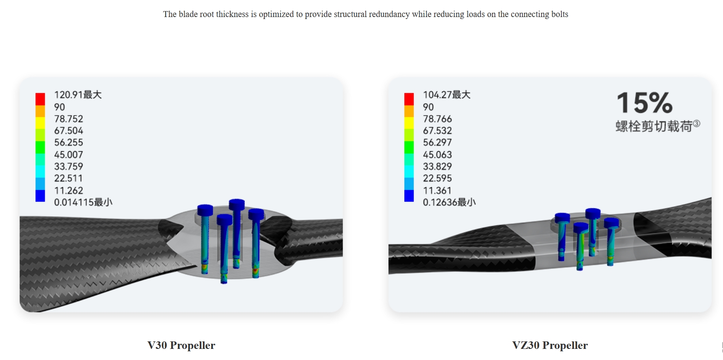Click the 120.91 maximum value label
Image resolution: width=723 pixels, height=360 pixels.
tap(78, 95)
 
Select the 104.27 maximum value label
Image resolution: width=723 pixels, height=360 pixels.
tap(446, 95)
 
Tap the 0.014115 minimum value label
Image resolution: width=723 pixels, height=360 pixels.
tap(83, 202)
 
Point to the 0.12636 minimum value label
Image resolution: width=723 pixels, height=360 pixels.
tap(449, 202)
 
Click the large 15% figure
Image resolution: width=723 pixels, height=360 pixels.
tap(645, 103)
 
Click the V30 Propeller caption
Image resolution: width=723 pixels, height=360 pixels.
tap(181, 345)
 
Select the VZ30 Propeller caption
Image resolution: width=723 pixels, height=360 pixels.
tap(549, 345)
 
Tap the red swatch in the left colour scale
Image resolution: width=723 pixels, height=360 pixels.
tap(40, 99)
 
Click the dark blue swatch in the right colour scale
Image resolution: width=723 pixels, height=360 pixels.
tap(409, 196)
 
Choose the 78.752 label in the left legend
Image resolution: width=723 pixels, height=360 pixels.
tap(69, 119)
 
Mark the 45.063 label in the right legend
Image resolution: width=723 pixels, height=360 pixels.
tap(437, 155)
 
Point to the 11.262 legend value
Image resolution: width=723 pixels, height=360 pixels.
tap(69, 190)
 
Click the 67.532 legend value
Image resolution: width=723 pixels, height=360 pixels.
tap(437, 131)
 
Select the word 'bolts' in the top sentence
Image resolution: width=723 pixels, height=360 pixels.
tap(559, 14)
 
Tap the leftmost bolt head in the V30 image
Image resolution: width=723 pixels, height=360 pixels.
tap(205, 210)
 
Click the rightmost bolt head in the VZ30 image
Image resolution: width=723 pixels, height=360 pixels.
tap(611, 222)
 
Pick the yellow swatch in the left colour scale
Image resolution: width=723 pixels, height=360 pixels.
tap(40, 123)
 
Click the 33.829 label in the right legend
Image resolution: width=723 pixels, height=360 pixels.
tap(437, 167)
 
